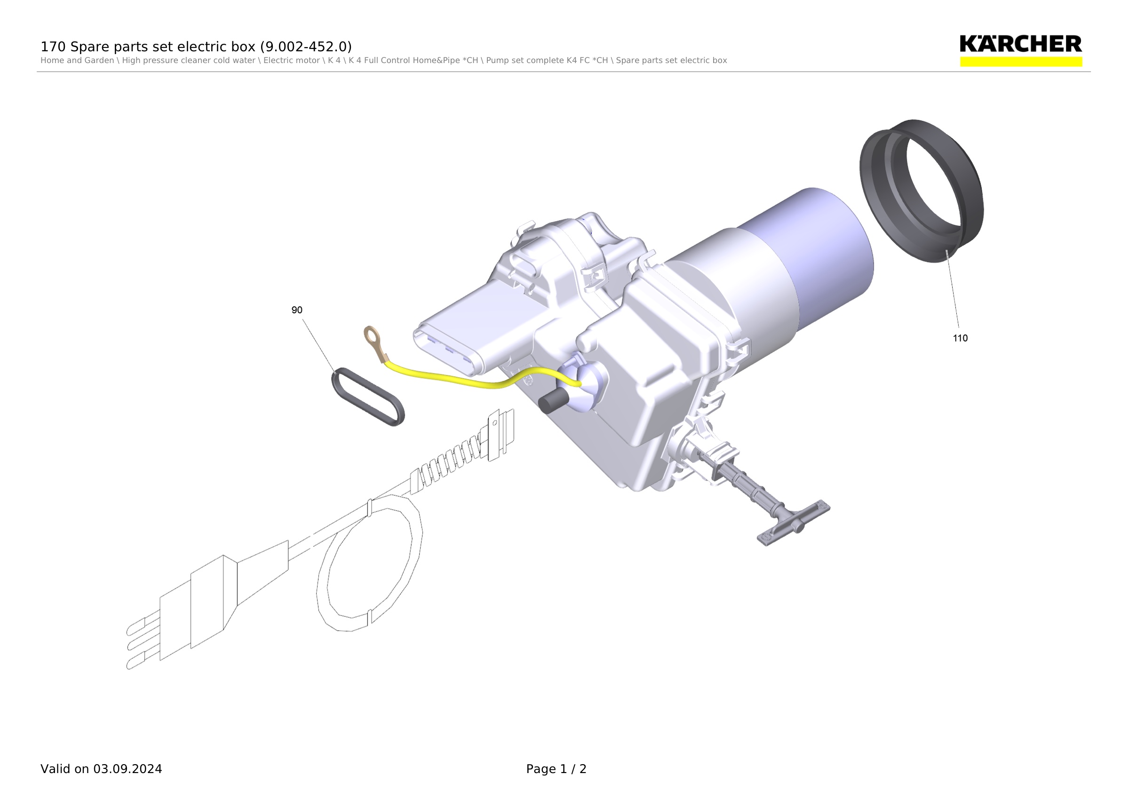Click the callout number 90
[296, 310]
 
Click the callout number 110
[960, 338]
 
